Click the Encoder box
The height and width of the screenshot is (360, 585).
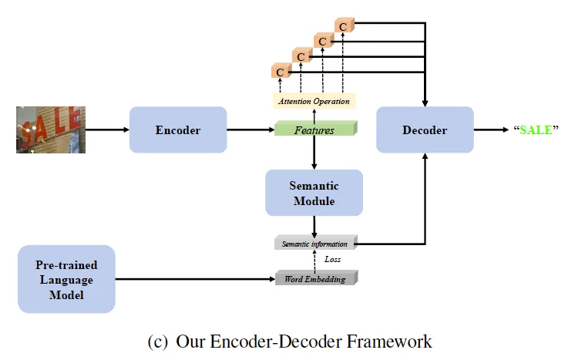point(177,130)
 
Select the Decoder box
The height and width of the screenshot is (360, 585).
point(424,130)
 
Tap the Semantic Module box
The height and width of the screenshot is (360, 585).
point(314,193)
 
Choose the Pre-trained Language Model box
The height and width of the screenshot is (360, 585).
point(66,278)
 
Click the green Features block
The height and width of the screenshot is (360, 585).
point(315,130)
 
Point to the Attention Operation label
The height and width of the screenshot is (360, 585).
point(314,102)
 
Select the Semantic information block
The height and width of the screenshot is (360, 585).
point(315,244)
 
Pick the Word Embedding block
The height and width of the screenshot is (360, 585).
point(315,278)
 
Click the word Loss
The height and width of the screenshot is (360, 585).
point(332,260)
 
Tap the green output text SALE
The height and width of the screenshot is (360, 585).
point(536,130)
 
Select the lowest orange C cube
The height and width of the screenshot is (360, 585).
point(280,72)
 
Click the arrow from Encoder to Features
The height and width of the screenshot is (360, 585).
point(250,130)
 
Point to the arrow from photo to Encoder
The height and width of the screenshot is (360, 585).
point(106,130)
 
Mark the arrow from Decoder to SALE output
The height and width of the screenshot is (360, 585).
point(490,130)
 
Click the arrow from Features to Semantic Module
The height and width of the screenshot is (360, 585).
point(314,154)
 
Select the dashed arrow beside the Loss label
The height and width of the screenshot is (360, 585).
point(314,261)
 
